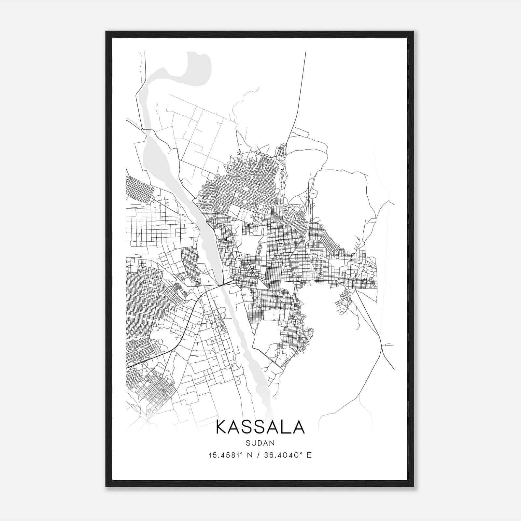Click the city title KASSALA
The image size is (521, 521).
(x=260, y=427)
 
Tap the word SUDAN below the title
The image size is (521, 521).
(x=260, y=443)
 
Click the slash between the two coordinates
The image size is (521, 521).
(x=258, y=455)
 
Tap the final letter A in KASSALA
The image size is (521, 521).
(x=298, y=427)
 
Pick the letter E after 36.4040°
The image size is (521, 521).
(x=309, y=455)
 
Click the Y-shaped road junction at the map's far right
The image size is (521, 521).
(x=381, y=347)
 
